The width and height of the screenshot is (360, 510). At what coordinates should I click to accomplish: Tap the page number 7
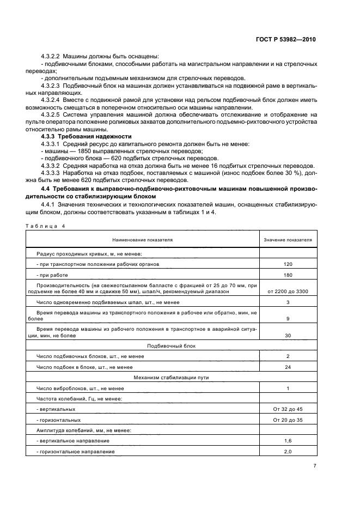[x=315, y=465]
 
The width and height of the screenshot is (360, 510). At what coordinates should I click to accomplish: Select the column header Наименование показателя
[x=142, y=240]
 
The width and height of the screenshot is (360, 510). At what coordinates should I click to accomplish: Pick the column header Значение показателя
[x=288, y=240]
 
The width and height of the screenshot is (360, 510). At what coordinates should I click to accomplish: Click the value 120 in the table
[x=288, y=264]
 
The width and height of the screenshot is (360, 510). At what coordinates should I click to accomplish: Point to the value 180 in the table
[x=288, y=275]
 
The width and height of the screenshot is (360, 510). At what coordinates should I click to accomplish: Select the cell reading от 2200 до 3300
[x=288, y=292]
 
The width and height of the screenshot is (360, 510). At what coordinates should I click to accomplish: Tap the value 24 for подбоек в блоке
[x=288, y=367]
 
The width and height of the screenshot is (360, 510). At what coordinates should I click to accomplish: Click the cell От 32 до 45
[x=288, y=409]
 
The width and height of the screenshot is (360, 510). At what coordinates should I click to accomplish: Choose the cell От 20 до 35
[x=288, y=420]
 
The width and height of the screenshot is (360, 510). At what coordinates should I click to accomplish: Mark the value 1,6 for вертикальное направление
[x=288, y=441]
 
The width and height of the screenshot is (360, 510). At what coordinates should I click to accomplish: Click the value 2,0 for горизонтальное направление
[x=288, y=452]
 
